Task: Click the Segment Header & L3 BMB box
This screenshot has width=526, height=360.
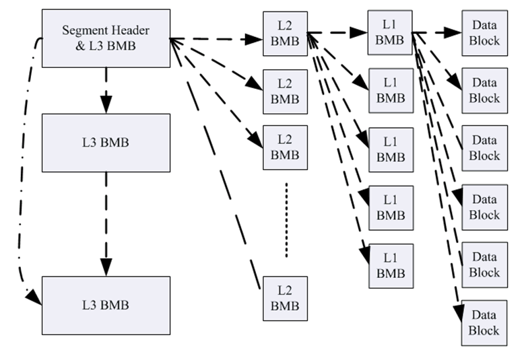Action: coord(106,38)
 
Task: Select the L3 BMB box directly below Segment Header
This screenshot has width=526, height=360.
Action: coord(106,143)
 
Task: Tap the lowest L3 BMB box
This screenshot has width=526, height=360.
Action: coord(106,305)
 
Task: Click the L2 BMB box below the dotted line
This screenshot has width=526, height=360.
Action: coord(285,299)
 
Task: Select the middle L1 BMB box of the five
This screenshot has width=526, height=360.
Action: coord(391,149)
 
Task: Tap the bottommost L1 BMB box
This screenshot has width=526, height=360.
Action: coord(391,265)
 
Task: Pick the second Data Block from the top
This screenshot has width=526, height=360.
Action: coord(484,91)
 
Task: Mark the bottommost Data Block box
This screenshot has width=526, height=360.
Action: coord(484,322)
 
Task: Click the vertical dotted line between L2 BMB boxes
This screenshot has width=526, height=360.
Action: coord(286,219)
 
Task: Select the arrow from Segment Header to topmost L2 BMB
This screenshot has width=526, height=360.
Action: coord(216,39)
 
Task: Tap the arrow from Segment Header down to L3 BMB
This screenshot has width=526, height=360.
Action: coord(106,90)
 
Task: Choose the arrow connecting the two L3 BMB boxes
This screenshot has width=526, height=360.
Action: coord(106,222)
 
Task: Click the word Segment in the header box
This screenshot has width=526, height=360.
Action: coord(84,30)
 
